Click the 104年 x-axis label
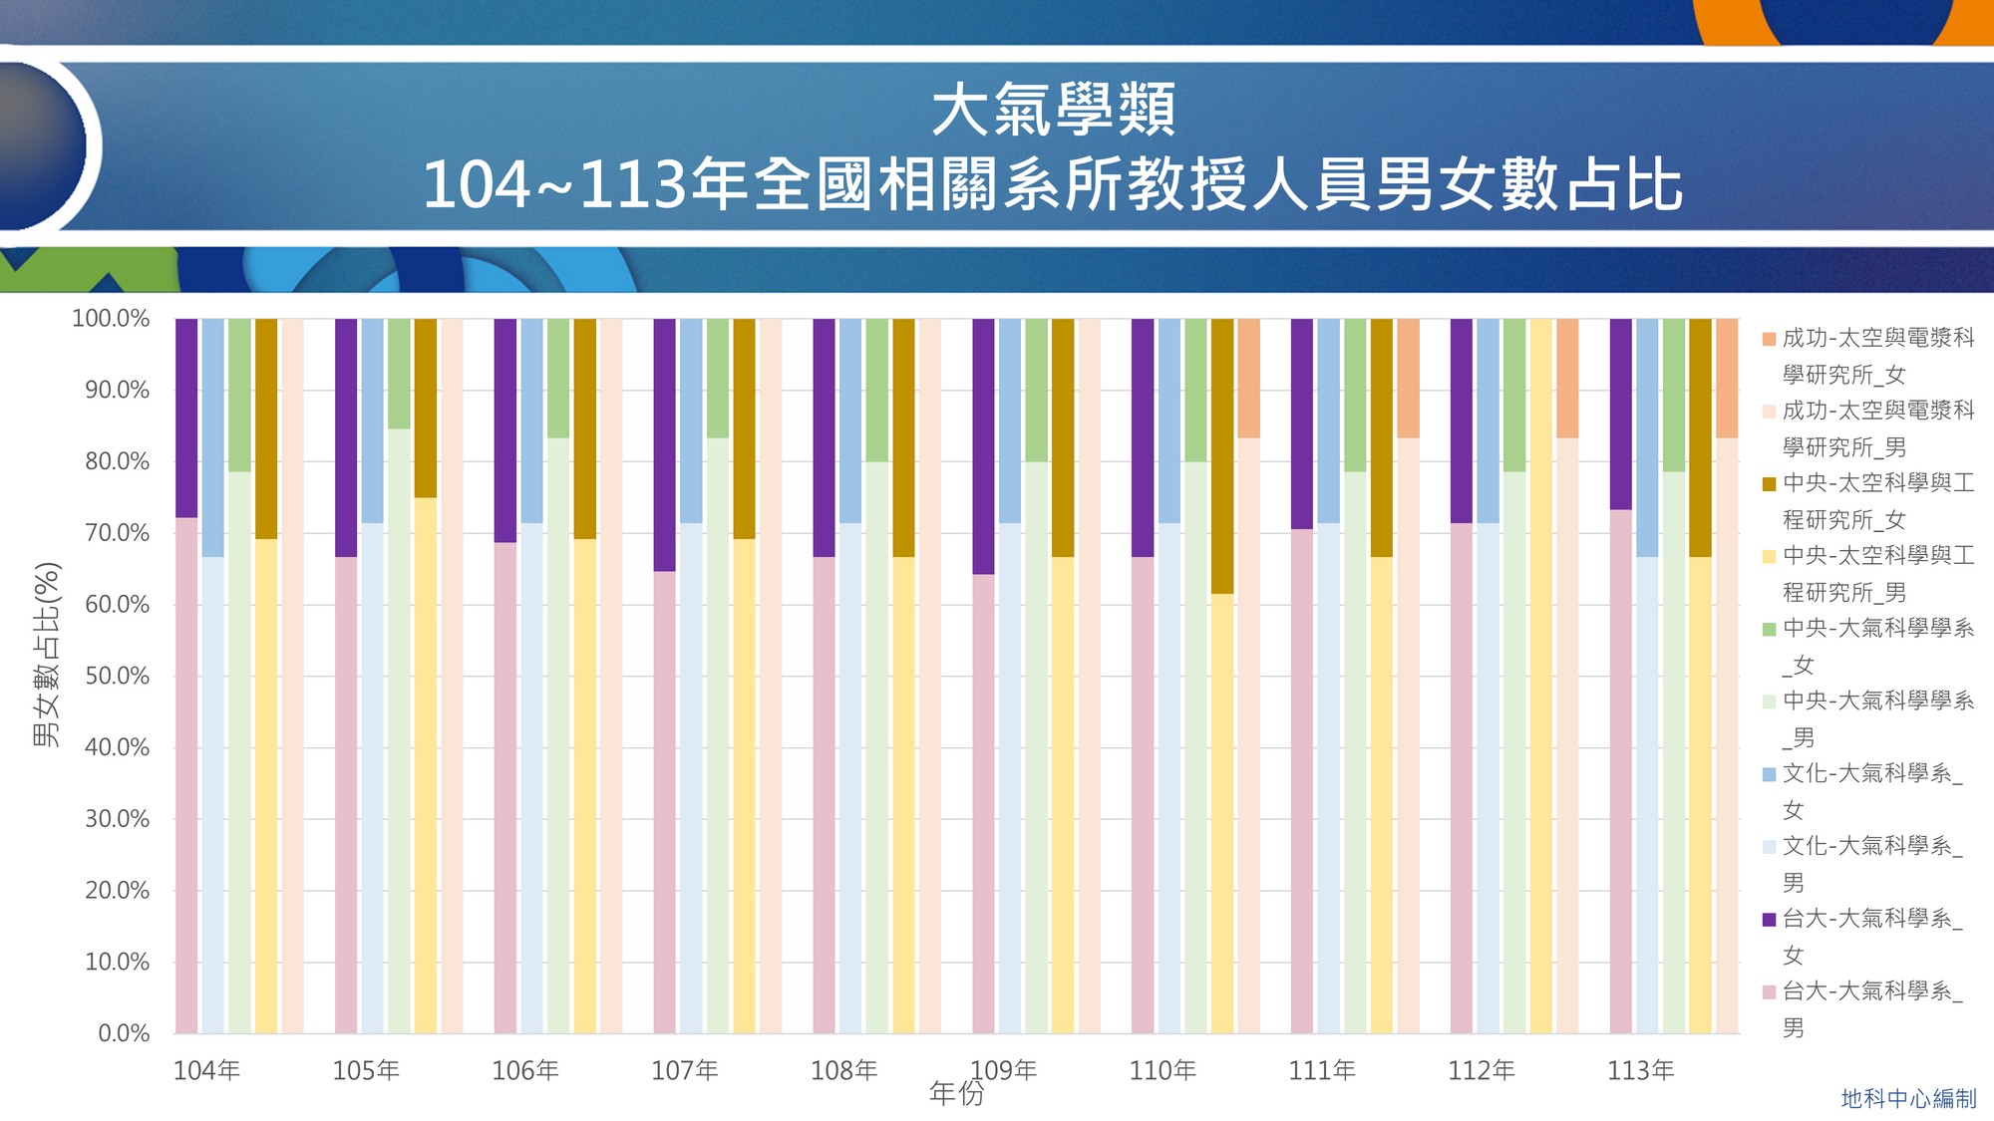(206, 1071)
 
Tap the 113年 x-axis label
(1640, 1071)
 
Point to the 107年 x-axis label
(684, 1071)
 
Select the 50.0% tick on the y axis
(117, 677)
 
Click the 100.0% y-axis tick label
(110, 319)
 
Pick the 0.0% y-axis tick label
(124, 1033)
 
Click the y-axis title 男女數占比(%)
(47, 655)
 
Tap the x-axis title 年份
(956, 1094)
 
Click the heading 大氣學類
(1053, 110)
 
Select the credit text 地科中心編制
(1908, 1099)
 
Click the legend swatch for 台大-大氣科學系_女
(1770, 920)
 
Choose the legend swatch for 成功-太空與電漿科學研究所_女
(1770, 339)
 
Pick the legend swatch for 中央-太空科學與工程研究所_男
(1770, 557)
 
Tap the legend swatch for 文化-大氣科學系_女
(1770, 774)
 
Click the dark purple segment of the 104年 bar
(186, 419)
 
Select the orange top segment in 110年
(1248, 379)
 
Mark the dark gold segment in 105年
(426, 409)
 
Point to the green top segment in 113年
(1674, 396)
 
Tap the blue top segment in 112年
(1488, 420)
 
